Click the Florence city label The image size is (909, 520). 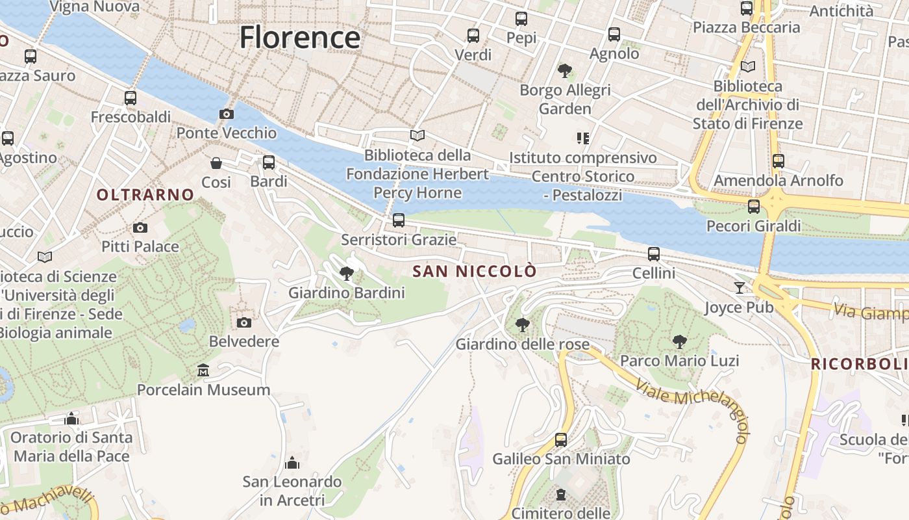point(299,38)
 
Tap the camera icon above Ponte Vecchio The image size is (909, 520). point(226,114)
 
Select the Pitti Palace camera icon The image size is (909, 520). point(140,227)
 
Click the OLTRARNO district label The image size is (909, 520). point(145,194)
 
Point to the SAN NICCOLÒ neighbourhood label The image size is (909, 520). point(475,271)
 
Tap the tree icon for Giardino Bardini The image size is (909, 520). point(347,274)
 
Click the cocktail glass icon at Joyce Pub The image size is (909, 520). point(740,287)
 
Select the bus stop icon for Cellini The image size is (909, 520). point(654,254)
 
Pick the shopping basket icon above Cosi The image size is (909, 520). point(216,163)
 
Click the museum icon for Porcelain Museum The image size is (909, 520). point(203,370)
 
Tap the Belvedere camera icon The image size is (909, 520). point(244,322)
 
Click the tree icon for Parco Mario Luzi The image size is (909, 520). point(679,341)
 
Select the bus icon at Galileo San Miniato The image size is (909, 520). point(561,440)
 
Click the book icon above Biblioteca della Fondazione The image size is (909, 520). point(417,136)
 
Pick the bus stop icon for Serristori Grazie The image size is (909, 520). point(399,220)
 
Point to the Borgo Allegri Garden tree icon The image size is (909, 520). point(565,70)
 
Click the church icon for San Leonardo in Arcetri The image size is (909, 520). point(292,463)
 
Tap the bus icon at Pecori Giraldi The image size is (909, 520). point(754,207)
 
